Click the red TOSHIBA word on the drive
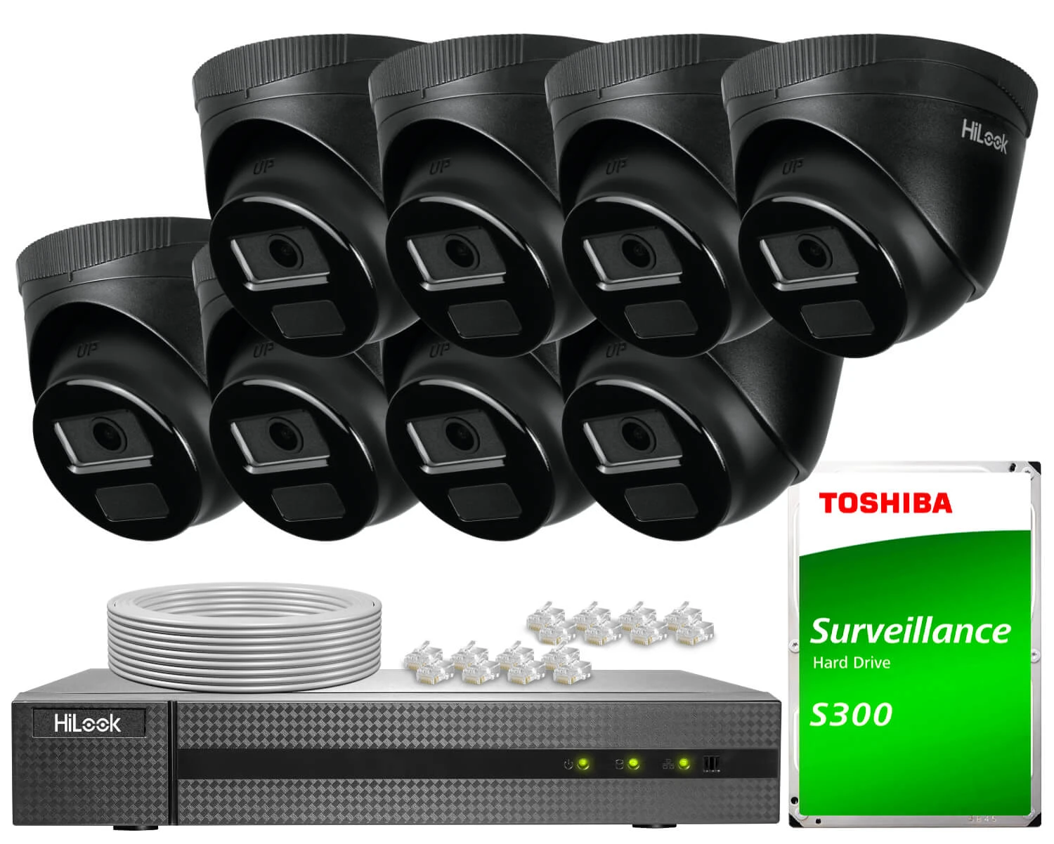pos(885,503)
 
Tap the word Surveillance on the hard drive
pos(911,631)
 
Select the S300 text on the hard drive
pos(851,714)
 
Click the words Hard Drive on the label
pos(851,662)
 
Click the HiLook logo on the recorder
pos(88,724)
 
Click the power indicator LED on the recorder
pos(582,763)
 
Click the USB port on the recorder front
pos(711,763)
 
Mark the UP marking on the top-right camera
pos(792,167)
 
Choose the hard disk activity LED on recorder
pos(632,763)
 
